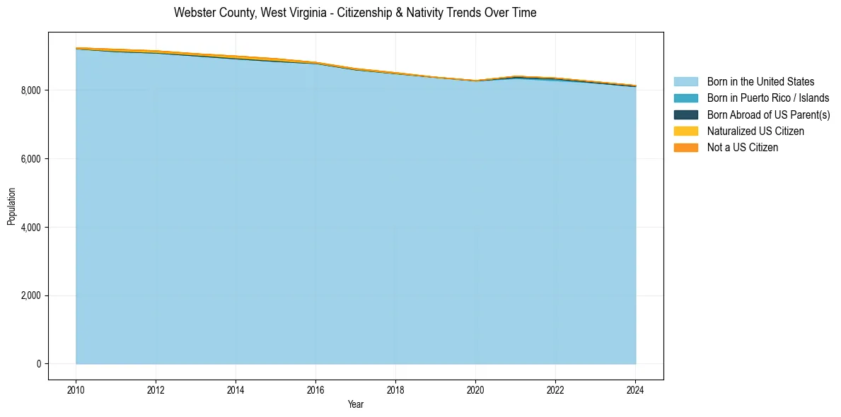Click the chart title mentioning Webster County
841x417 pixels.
click(x=355, y=13)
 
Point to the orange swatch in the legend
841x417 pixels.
click(x=685, y=147)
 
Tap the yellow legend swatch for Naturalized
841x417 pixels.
click(x=685, y=131)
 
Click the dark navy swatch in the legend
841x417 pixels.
click(x=685, y=114)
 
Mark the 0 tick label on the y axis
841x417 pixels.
click(x=39, y=364)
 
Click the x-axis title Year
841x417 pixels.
click(x=356, y=404)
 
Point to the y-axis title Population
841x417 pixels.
click(x=11, y=206)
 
